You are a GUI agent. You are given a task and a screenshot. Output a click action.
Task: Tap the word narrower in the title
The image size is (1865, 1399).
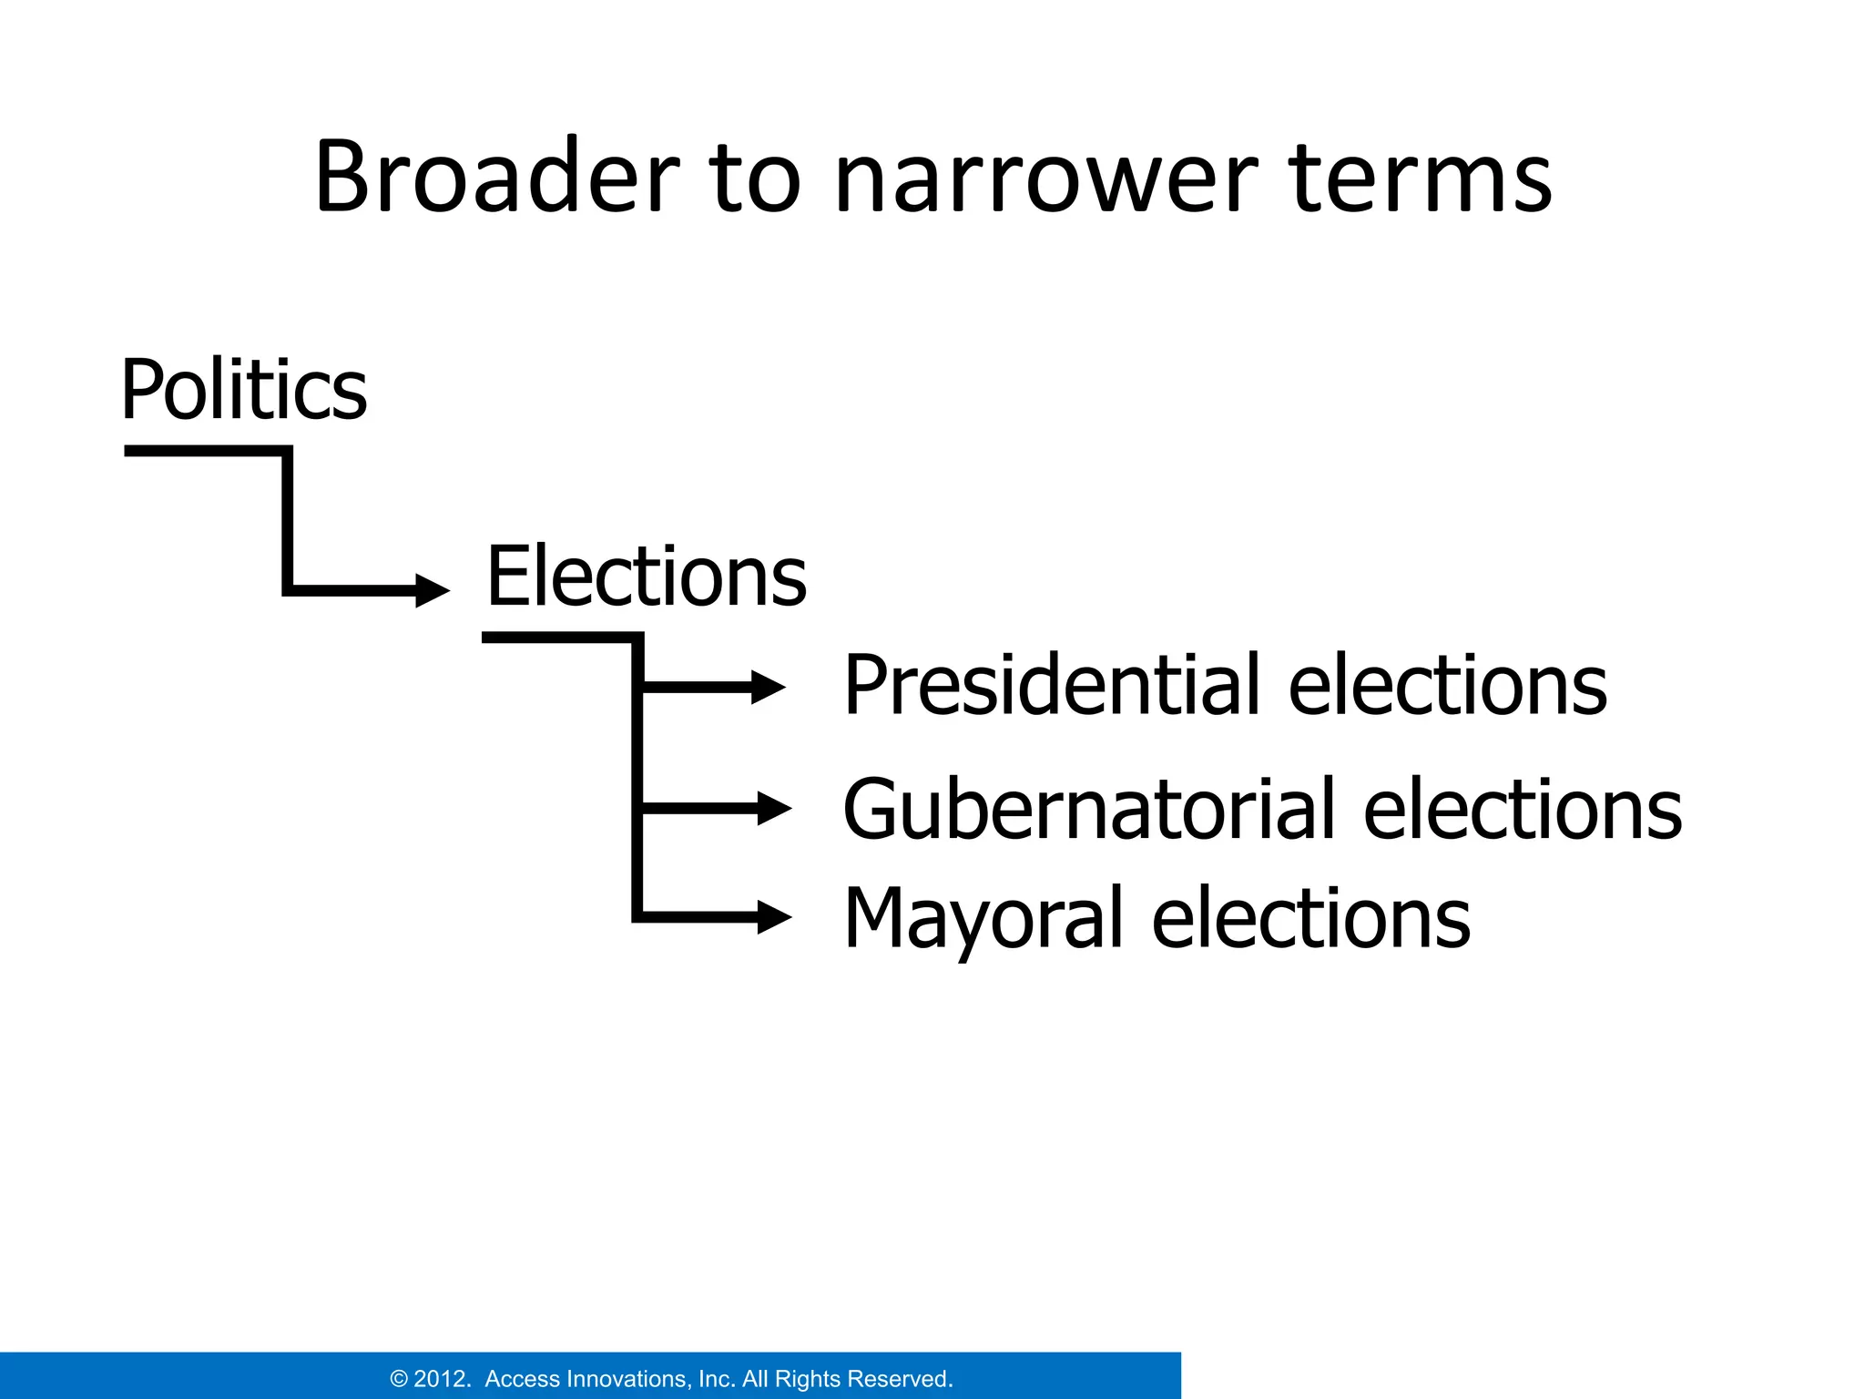(1046, 182)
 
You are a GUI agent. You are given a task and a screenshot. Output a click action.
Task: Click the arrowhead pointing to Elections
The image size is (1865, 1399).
(432, 590)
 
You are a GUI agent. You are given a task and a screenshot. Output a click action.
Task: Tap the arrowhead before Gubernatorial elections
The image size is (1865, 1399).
(773, 808)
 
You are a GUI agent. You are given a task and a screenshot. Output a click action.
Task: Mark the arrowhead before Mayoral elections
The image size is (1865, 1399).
(773, 916)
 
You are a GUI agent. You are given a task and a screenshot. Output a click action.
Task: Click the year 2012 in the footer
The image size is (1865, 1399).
(442, 1379)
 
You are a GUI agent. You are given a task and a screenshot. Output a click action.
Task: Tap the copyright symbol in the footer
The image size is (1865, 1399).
(399, 1379)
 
